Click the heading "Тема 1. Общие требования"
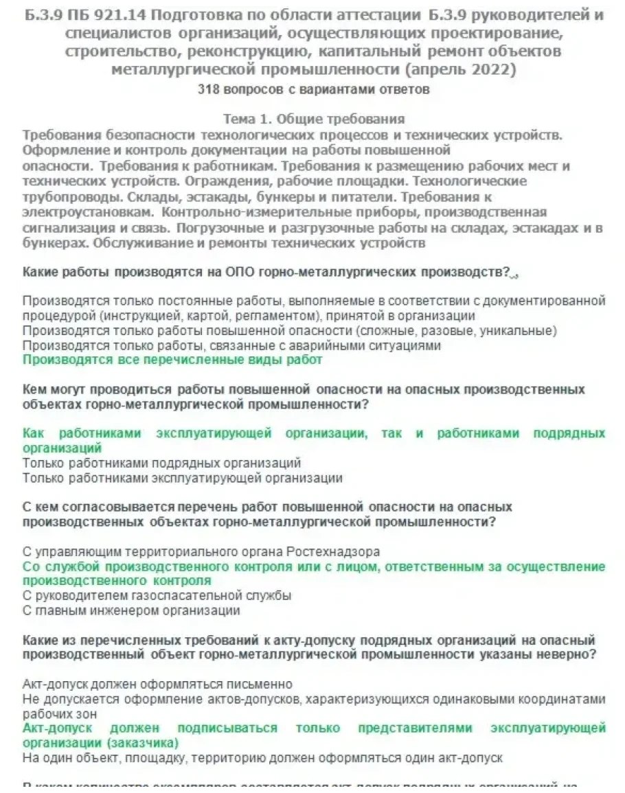[x=314, y=119]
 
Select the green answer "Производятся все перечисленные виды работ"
[x=172, y=360]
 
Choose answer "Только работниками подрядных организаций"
[x=161, y=463]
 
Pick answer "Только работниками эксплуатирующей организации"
[x=182, y=479]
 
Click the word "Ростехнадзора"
[x=332, y=552]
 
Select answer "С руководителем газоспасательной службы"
[x=157, y=596]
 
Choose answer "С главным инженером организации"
[x=131, y=610]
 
